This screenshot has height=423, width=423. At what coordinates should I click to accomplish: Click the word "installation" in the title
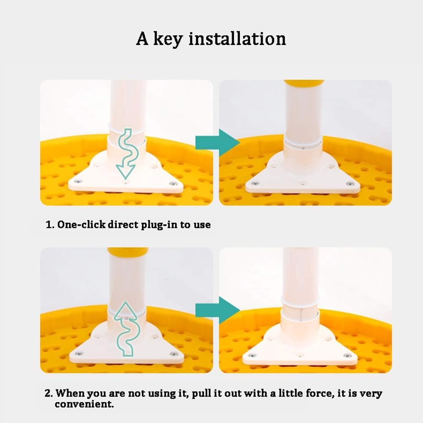237,38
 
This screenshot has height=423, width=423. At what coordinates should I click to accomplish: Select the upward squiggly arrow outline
126,329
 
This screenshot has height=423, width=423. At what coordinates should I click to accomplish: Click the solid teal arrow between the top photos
217,143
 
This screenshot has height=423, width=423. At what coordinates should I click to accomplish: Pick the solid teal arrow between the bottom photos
217,310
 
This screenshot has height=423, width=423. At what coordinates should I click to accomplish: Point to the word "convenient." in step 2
84,404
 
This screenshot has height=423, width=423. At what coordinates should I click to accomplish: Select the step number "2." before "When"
49,393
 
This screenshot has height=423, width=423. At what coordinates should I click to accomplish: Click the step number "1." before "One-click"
50,225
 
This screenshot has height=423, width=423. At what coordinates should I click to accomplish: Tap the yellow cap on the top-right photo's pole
304,82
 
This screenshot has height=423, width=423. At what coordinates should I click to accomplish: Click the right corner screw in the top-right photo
350,184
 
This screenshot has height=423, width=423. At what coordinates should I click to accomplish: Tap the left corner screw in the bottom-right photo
252,356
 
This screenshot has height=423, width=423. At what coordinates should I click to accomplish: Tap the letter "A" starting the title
142,38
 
